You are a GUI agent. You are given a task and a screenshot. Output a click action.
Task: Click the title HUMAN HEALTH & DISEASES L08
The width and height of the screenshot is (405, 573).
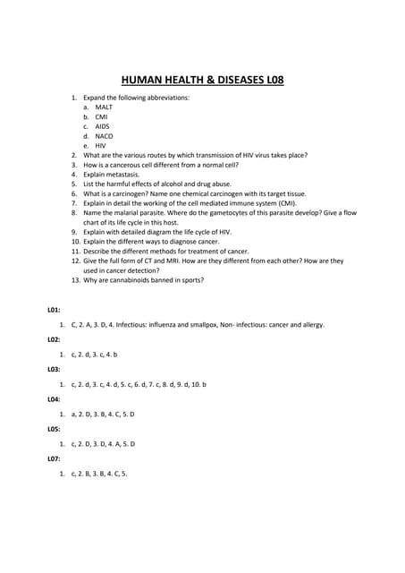[202, 78]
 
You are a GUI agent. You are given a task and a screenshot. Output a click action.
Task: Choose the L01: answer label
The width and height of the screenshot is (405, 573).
[55, 309]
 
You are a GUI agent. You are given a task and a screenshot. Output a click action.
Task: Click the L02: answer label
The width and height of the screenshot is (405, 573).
[55, 339]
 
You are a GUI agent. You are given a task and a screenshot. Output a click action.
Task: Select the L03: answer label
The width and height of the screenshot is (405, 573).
[55, 369]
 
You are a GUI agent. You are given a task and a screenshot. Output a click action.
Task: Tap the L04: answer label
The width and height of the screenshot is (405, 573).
[55, 399]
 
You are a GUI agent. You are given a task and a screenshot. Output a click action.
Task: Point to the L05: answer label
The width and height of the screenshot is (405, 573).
[55, 429]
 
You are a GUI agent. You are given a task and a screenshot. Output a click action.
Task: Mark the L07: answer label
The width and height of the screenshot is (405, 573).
[55, 458]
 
